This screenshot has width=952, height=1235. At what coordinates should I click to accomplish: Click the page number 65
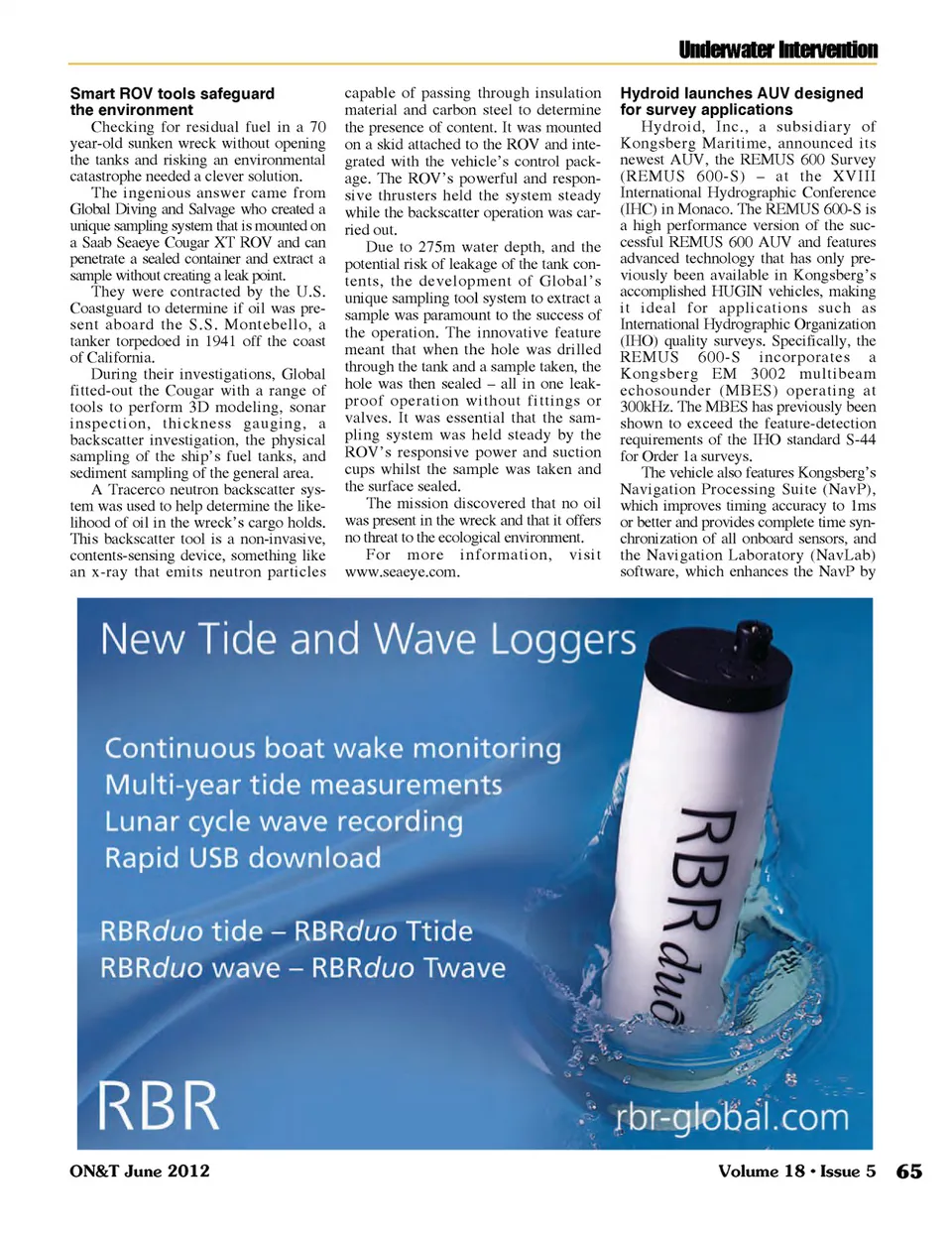click(x=908, y=1172)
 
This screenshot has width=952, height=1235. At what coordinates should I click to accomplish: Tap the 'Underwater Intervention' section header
click(x=777, y=50)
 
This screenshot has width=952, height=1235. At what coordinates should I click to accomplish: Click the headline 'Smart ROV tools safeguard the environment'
click(x=172, y=101)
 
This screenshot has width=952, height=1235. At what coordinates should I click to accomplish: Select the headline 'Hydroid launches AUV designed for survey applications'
click(x=741, y=101)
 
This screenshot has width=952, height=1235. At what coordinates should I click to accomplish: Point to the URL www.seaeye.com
click(x=402, y=572)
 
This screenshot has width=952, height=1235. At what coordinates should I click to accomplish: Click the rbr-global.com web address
click(x=732, y=1117)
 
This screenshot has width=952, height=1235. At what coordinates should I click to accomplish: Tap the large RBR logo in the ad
click(x=159, y=1105)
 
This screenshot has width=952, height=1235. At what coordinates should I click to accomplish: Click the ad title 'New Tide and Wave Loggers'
click(x=368, y=640)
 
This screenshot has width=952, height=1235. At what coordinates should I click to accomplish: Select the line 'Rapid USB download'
click(x=243, y=858)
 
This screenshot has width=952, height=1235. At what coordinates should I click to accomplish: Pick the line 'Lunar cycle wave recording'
click(x=284, y=821)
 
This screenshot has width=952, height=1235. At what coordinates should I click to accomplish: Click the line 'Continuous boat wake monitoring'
click(x=333, y=748)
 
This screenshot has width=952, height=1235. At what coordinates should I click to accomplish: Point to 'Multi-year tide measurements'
click(x=303, y=785)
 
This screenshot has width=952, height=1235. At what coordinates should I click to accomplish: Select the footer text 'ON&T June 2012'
click(x=140, y=1172)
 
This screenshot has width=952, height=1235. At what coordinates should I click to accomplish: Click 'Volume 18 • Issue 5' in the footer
click(x=796, y=1172)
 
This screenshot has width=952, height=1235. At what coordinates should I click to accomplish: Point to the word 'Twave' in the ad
click(x=460, y=968)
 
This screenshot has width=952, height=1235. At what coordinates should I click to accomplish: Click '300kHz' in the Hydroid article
click(x=647, y=407)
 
